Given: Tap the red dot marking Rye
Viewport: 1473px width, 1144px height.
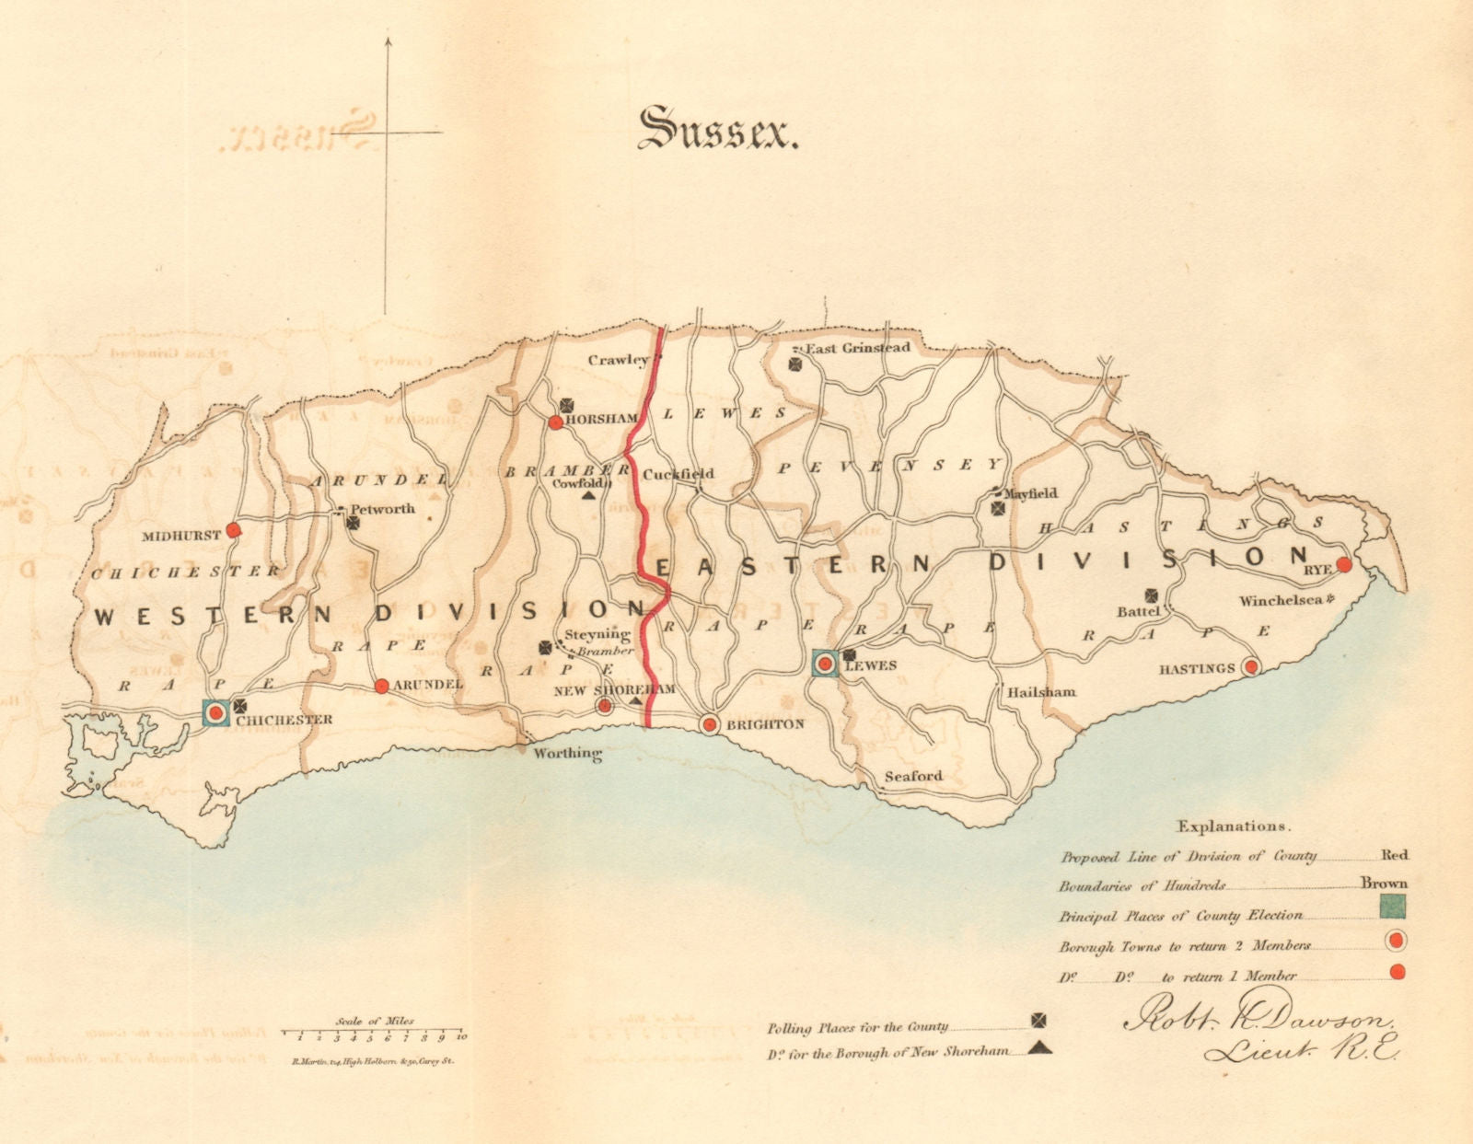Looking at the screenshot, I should [1343, 564].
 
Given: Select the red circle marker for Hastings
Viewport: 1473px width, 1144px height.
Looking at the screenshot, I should [1250, 666].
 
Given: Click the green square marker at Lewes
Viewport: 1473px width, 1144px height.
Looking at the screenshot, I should [825, 664].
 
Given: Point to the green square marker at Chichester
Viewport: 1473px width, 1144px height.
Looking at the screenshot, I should [216, 712].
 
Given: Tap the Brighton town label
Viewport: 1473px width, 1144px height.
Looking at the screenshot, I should [765, 724].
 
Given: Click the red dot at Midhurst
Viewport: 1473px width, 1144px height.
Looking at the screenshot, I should [234, 529].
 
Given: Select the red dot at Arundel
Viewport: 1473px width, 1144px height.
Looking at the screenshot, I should [381, 686].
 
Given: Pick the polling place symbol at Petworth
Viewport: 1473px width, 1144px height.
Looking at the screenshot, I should [353, 522].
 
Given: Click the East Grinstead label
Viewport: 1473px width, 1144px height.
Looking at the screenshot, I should [858, 348].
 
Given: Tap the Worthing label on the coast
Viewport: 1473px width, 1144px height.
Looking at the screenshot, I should [568, 754].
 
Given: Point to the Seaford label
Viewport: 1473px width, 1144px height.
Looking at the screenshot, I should [913, 776].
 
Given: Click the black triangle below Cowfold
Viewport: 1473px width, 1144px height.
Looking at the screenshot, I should [587, 495].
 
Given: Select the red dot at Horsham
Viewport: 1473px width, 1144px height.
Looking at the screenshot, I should [555, 422].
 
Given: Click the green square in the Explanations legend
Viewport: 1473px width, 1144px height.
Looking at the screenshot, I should [1393, 907].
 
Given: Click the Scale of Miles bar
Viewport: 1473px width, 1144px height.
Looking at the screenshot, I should [373, 1033].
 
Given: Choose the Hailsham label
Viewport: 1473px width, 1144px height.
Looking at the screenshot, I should [1041, 692].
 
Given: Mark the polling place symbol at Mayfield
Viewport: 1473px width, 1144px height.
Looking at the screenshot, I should [999, 508].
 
